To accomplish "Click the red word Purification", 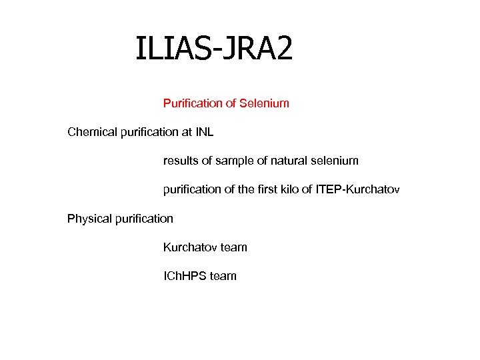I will coord(193,103).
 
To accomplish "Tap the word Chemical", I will coord(93,132).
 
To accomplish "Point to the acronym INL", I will coord(204,132).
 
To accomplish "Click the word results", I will coord(181,161).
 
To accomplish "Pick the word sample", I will coord(237,161).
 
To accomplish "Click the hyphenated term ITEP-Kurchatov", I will coord(357,190).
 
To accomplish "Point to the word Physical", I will coord(89,219).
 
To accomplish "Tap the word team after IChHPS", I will coord(223,276).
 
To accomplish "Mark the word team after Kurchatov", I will coord(234,247).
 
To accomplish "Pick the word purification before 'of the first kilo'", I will coord(194,190).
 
